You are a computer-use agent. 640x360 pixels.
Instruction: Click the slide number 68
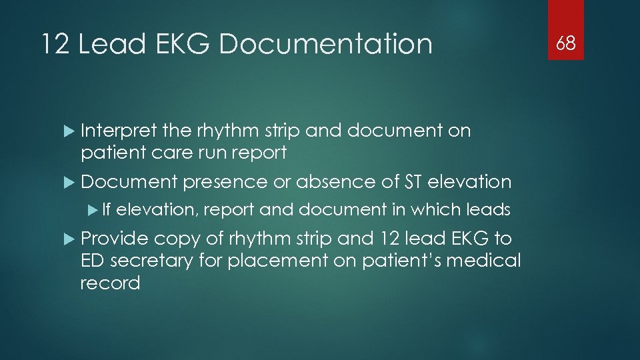[x=566, y=44]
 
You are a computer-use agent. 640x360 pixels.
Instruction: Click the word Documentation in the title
[x=325, y=45]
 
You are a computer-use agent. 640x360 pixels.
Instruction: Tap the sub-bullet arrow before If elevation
[x=93, y=210]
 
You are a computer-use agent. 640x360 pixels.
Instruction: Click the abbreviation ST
[x=413, y=181]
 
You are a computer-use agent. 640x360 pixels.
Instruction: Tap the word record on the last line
[x=110, y=283]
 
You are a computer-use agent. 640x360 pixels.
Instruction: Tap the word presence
[x=225, y=181]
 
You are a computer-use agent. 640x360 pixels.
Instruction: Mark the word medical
[x=485, y=261]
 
